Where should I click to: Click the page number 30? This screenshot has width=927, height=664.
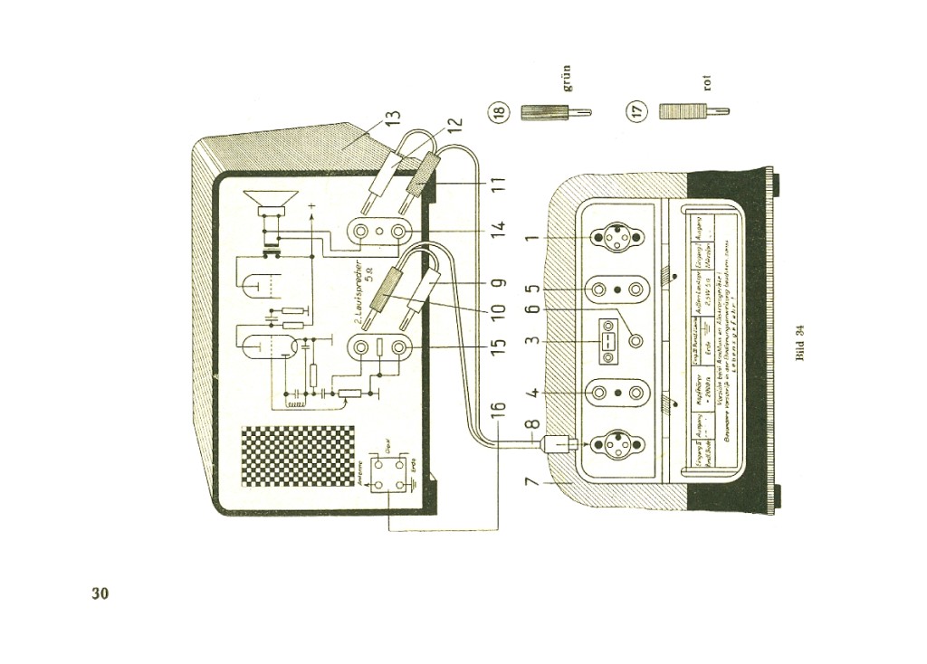[100, 593]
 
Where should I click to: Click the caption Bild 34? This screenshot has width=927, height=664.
[799, 342]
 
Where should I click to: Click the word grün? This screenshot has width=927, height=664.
[568, 79]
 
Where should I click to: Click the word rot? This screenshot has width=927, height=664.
[707, 82]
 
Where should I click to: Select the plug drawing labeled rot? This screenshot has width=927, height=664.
[693, 111]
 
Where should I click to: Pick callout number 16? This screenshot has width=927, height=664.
[497, 419]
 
